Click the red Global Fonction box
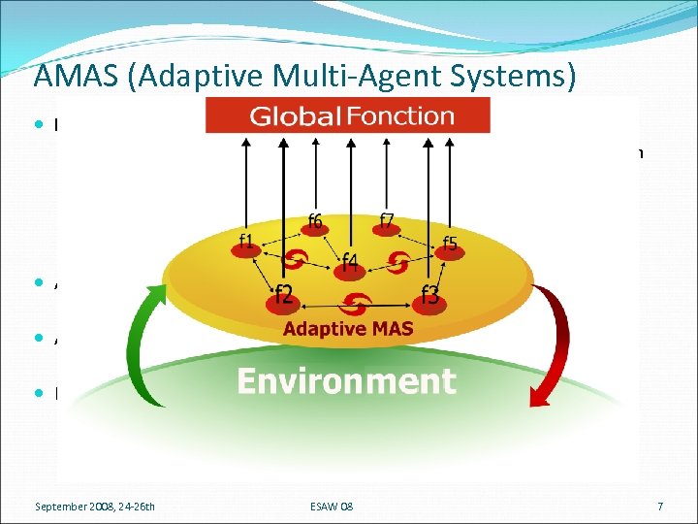pyautogui.click(x=348, y=116)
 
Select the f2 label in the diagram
pyautogui.click(x=285, y=293)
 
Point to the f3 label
pyautogui.click(x=431, y=293)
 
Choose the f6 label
pyautogui.click(x=315, y=221)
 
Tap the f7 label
pyautogui.click(x=386, y=221)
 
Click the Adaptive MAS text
pyautogui.click(x=348, y=329)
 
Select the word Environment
pyautogui.click(x=346, y=381)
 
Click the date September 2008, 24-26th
pyautogui.click(x=95, y=506)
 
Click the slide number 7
pyautogui.click(x=659, y=506)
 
